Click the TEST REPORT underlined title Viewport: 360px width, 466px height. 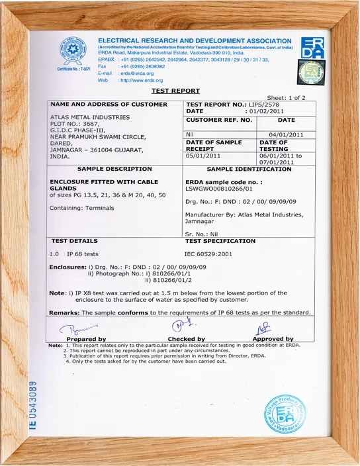click(x=175, y=91)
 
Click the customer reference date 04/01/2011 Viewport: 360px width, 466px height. click(x=286, y=134)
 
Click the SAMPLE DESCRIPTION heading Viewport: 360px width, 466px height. click(x=105, y=169)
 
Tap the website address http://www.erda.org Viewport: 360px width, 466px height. click(x=140, y=80)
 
